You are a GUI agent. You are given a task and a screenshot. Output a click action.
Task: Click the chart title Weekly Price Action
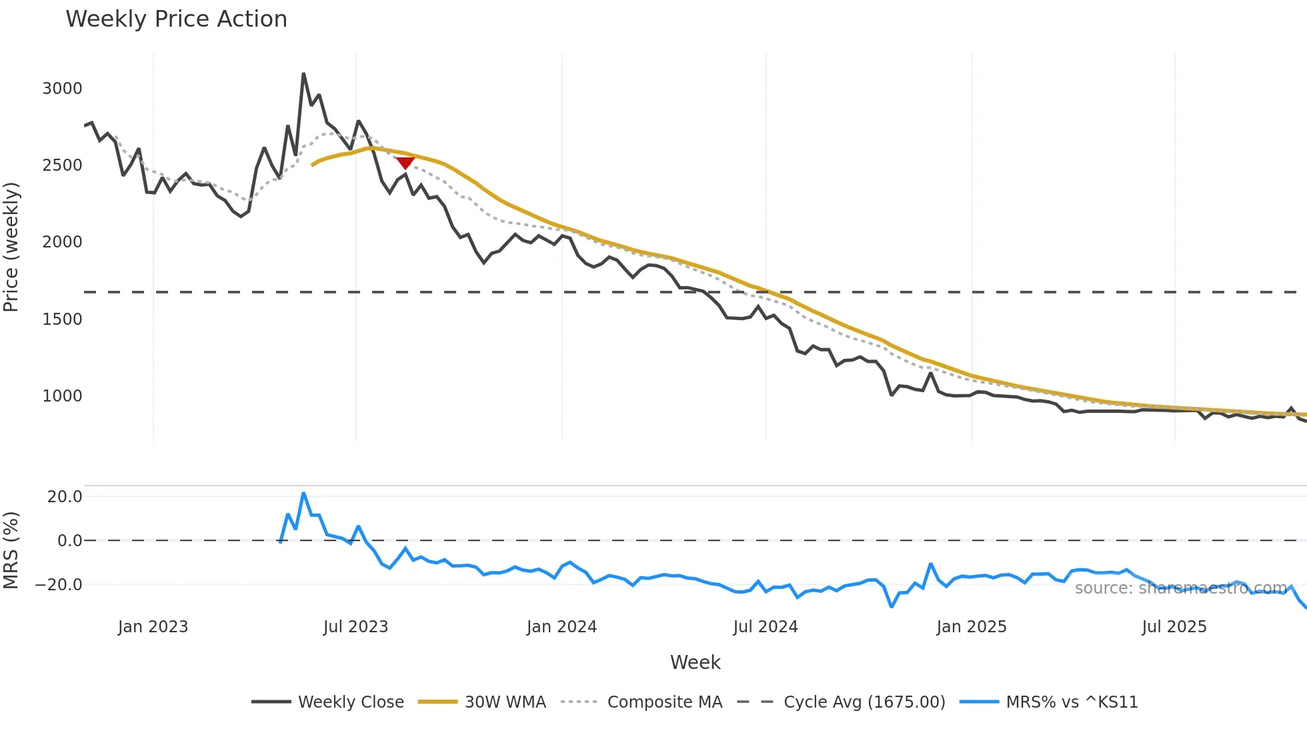click(176, 19)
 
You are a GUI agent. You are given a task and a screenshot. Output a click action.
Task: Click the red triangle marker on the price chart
click(405, 163)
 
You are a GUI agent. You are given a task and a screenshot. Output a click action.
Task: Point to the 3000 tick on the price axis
click(62, 89)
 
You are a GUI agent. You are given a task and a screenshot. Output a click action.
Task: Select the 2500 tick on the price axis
click(62, 165)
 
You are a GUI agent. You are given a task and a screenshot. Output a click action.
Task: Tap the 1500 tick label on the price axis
click(62, 319)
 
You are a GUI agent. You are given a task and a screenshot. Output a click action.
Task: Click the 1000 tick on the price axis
click(62, 396)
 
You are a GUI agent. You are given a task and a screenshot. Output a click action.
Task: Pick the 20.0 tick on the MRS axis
click(65, 497)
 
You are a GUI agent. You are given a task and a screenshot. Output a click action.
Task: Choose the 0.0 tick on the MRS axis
click(69, 541)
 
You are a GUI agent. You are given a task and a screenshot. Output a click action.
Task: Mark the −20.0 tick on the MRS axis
click(59, 585)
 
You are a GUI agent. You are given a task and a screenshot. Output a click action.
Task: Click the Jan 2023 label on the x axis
click(153, 627)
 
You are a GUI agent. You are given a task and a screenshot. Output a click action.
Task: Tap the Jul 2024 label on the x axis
click(766, 627)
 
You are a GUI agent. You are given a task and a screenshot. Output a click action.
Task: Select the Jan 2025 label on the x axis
click(972, 627)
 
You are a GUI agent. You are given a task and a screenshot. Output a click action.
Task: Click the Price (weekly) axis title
click(11, 247)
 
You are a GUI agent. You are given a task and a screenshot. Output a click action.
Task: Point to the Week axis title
click(695, 662)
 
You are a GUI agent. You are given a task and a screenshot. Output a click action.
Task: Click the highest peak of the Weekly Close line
click(303, 74)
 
